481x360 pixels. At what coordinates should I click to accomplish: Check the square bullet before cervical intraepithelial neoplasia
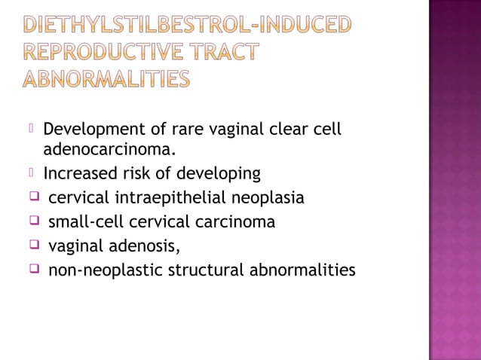[x=34, y=197]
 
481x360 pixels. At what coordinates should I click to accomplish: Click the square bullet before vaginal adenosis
[x=34, y=245]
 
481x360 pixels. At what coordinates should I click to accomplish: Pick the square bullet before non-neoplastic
[x=34, y=269]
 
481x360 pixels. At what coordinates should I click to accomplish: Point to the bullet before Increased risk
[x=32, y=173]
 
